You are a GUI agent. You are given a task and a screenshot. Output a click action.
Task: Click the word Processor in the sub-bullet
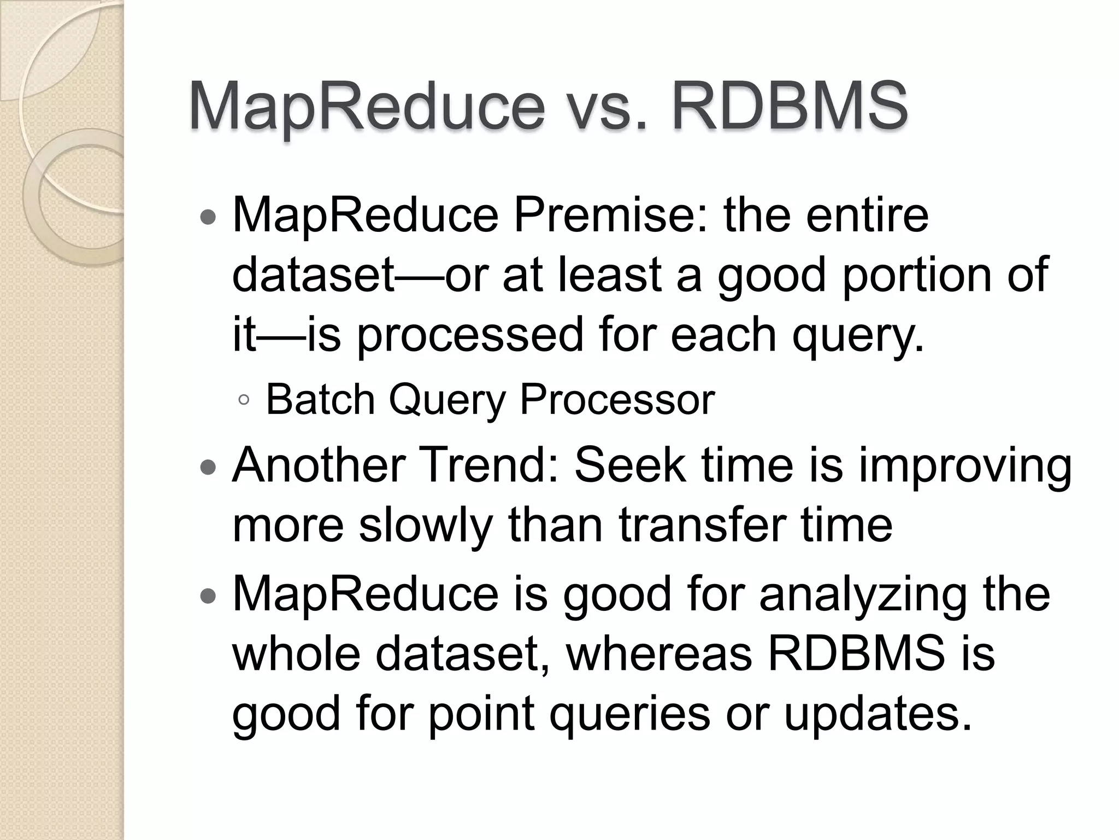click(x=617, y=400)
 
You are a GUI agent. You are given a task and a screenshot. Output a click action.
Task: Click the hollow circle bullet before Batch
click(x=244, y=401)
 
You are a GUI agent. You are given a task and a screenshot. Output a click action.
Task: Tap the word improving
click(x=965, y=465)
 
